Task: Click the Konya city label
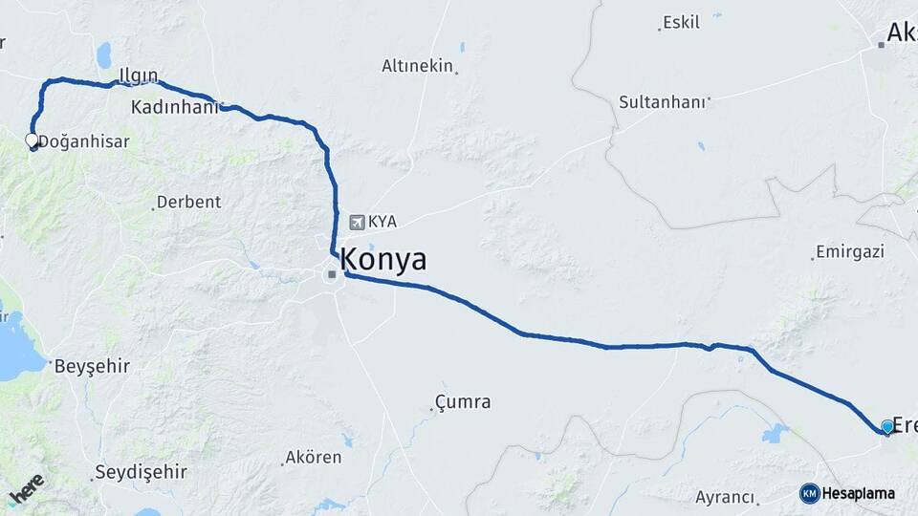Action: click(x=383, y=259)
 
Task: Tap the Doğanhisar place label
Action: click(x=83, y=141)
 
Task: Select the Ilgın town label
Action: click(x=137, y=76)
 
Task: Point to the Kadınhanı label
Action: click(x=173, y=106)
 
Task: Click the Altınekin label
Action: click(x=417, y=66)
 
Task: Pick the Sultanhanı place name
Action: click(x=662, y=101)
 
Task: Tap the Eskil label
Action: click(x=681, y=22)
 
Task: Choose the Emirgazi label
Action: click(x=850, y=252)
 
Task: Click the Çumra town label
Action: click(x=463, y=401)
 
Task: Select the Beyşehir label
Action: click(x=91, y=366)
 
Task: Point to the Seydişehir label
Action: click(x=141, y=472)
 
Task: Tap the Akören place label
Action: click(x=313, y=457)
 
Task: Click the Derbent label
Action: click(x=188, y=202)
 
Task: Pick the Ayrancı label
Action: click(x=725, y=497)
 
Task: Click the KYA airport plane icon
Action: click(x=357, y=222)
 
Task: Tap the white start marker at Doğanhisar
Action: click(x=32, y=141)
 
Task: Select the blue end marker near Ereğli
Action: click(x=887, y=427)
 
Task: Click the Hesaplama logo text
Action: click(x=859, y=493)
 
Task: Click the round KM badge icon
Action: click(x=809, y=493)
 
